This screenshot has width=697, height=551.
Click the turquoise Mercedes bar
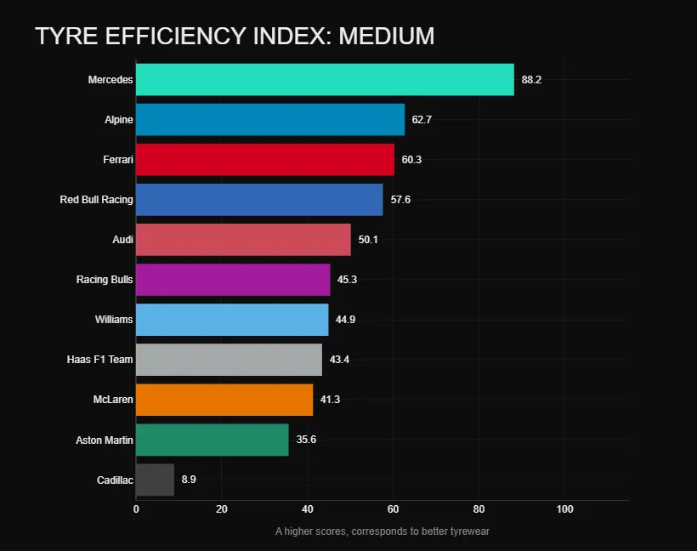tap(325, 79)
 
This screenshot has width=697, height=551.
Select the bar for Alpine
tap(270, 120)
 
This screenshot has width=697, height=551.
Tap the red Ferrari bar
tap(265, 160)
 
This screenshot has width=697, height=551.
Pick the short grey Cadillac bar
tap(155, 480)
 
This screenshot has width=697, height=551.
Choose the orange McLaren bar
tap(224, 400)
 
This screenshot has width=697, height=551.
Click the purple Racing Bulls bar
tap(233, 280)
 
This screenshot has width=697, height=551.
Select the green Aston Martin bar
tap(212, 440)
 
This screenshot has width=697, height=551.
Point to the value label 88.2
tap(531, 80)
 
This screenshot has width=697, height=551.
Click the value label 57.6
tap(400, 200)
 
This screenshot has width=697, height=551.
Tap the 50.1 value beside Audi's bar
tap(368, 240)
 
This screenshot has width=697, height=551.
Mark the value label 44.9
tap(345, 320)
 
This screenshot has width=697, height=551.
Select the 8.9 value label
tap(190, 480)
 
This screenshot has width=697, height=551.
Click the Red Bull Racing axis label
tap(96, 200)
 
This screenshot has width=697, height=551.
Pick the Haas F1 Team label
tap(99, 360)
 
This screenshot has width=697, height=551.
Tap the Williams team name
tap(114, 320)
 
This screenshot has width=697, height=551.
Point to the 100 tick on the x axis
tap(564, 509)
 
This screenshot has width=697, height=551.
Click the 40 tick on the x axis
tap(307, 509)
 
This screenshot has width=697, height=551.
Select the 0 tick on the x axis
tap(136, 509)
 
